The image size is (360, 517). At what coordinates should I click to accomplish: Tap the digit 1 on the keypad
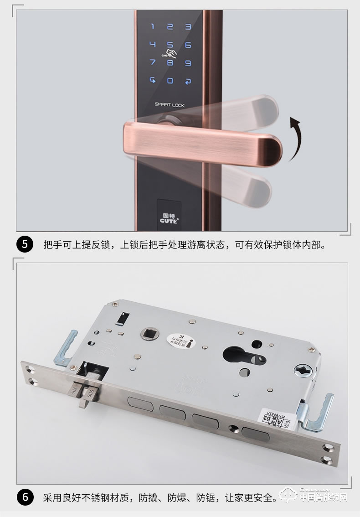(x=153, y=26)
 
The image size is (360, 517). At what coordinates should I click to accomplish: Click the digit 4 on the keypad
(x=153, y=45)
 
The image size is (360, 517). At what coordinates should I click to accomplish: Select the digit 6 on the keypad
(x=188, y=45)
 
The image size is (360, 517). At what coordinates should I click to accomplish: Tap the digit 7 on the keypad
(x=153, y=63)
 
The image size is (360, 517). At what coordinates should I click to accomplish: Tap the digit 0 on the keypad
(x=170, y=81)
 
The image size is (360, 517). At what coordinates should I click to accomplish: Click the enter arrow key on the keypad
(x=188, y=82)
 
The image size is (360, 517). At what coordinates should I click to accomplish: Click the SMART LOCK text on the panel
(x=170, y=104)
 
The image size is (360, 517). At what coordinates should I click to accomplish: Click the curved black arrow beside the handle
(x=293, y=140)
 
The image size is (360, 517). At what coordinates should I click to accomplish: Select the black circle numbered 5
(x=25, y=244)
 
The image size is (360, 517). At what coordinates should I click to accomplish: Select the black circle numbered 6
(x=25, y=496)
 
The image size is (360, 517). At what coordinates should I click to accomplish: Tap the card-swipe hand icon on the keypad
(x=171, y=54)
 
